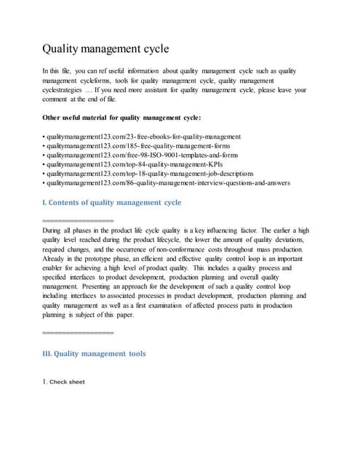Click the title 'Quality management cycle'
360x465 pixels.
pyautogui.click(x=106, y=49)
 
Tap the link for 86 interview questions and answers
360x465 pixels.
pyautogui.click(x=167, y=184)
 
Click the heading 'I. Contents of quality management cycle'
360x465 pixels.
pyautogui.click(x=113, y=202)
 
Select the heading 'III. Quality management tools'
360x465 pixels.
pyautogui.click(x=95, y=354)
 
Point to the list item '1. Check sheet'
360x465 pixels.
pyautogui.click(x=63, y=381)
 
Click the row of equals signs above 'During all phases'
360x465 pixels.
pyautogui.click(x=79, y=219)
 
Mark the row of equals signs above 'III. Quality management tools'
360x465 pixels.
pyautogui.click(x=79, y=333)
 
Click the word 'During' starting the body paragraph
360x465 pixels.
pyautogui.click(x=53, y=229)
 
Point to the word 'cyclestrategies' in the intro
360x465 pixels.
pyautogui.click(x=68, y=89)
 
